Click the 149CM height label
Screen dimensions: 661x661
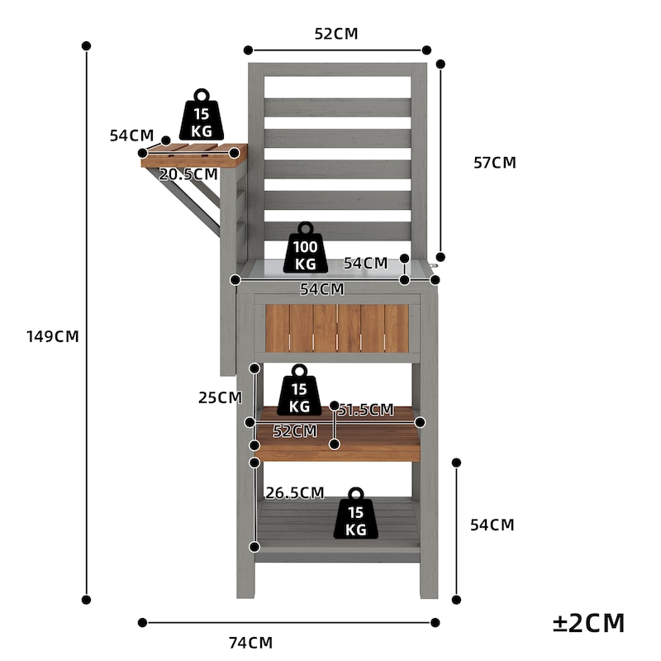(x=53, y=336)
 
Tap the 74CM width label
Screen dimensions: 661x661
(x=251, y=643)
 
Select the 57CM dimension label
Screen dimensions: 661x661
(x=495, y=163)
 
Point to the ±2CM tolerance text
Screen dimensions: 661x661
(x=588, y=623)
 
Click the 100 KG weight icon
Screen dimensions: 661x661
(x=306, y=248)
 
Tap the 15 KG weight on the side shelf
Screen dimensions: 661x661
(x=202, y=115)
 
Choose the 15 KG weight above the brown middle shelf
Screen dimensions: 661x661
(x=299, y=390)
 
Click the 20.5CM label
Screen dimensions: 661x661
(x=188, y=174)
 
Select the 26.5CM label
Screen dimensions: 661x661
(x=295, y=492)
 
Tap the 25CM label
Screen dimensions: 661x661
(x=220, y=397)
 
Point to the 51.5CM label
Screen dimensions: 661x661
(x=366, y=410)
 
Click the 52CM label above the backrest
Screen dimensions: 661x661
(x=336, y=34)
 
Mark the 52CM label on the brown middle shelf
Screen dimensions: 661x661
(x=295, y=431)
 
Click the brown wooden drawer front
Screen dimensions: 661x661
(x=337, y=328)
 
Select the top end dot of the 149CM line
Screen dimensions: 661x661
(x=87, y=45)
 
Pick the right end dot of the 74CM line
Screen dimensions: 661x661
(x=435, y=623)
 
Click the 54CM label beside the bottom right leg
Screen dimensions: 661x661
(x=492, y=525)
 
